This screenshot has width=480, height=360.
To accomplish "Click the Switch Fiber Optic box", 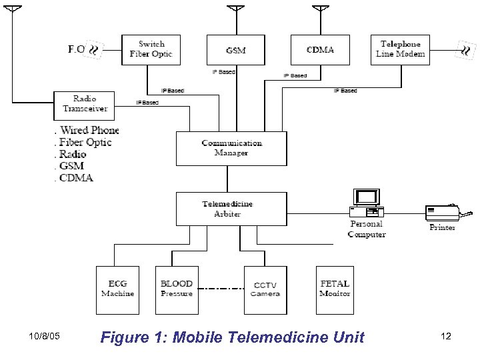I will coord(151,49).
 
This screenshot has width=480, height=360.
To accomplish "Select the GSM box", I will coord(235,49).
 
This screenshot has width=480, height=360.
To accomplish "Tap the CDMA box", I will coord(320,49).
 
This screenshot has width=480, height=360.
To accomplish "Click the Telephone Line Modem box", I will coord(401,49).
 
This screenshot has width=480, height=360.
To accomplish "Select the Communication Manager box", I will coord(231,148).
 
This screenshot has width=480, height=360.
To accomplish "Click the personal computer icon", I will coord(367,203).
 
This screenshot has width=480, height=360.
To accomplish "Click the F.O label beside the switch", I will coord(77,49).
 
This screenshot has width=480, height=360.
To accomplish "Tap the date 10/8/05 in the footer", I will coord(45,337).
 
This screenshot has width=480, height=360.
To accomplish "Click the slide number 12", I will coord(446,337).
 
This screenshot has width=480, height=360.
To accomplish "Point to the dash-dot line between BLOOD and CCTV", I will coord(221,289).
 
